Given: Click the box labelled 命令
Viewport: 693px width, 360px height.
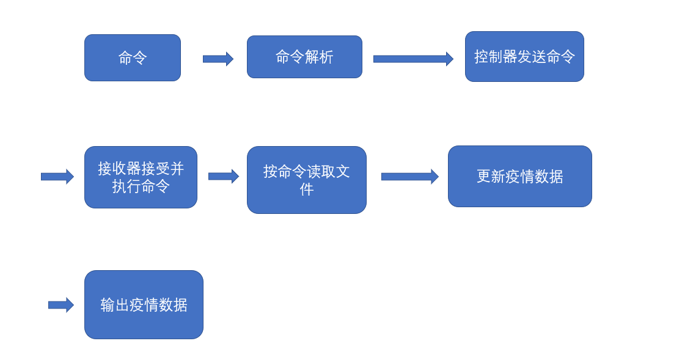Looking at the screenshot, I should (x=133, y=57).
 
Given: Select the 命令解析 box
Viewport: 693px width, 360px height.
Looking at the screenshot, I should (x=304, y=57).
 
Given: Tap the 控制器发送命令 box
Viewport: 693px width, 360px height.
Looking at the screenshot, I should (x=524, y=57).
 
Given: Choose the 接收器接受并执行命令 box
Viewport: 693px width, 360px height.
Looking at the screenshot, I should (x=141, y=177).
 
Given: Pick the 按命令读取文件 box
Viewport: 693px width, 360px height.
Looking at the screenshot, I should (x=306, y=180).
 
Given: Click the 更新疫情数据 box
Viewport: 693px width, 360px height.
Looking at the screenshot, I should (x=519, y=177).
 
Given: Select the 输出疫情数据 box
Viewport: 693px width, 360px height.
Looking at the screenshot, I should (x=144, y=304).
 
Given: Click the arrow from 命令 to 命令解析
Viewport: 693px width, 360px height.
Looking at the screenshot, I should (x=218, y=59).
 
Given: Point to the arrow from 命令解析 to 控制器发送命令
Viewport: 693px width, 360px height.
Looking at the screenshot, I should (x=413, y=59).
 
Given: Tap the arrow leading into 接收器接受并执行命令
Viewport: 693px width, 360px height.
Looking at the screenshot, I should (x=57, y=177).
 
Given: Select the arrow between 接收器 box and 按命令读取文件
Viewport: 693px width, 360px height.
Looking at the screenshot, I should (x=223, y=176).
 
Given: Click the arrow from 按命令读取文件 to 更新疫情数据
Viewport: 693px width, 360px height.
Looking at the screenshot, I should (x=409, y=177).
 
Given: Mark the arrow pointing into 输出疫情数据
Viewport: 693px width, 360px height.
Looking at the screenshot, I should (x=61, y=304).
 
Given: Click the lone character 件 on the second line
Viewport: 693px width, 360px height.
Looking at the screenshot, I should (x=307, y=189).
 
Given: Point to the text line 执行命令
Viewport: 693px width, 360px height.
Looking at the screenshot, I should (x=141, y=186).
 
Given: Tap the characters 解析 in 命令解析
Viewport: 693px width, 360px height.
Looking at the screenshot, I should (x=319, y=57).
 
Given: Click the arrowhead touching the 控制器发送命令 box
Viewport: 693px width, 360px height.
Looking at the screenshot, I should (x=450, y=59).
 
